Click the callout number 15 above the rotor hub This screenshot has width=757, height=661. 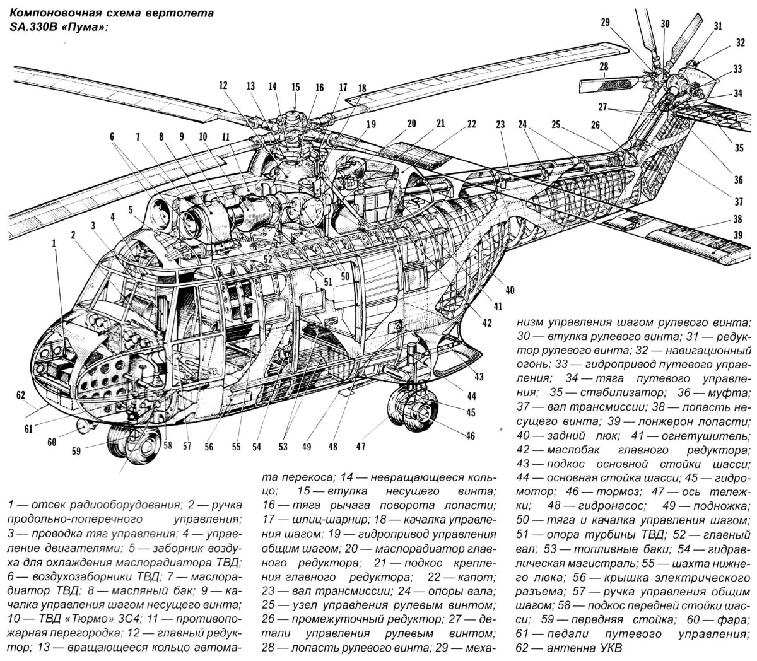(295, 86)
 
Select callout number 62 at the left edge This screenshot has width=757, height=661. (20, 395)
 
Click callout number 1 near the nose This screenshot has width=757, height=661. (54, 242)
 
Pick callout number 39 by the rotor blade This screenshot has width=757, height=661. (737, 235)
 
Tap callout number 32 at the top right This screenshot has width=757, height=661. (739, 43)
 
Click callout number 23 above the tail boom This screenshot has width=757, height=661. (500, 125)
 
